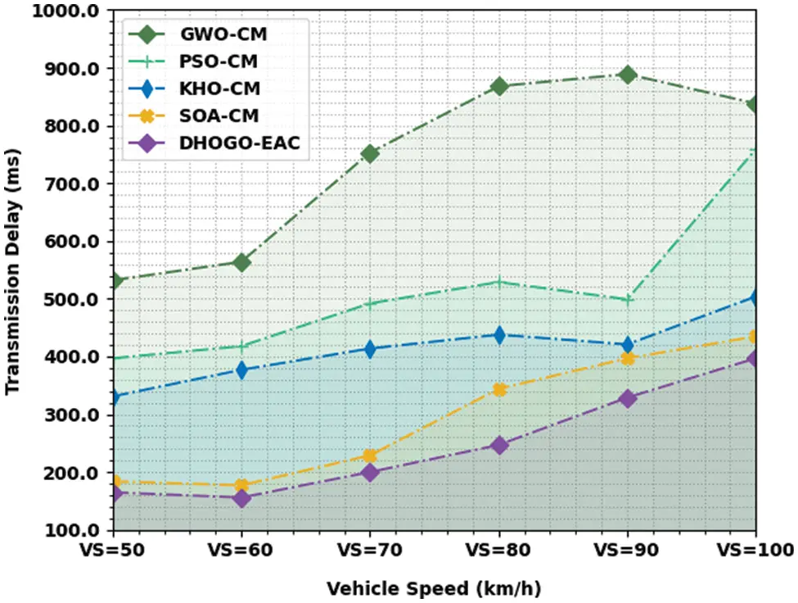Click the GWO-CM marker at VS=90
coord(628,75)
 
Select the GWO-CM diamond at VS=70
coord(370,153)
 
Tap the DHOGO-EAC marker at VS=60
coord(241,497)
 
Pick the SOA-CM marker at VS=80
coord(499,389)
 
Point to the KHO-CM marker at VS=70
coord(370,349)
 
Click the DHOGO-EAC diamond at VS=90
coord(628,398)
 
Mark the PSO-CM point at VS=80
coord(499,282)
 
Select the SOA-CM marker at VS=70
coord(370,456)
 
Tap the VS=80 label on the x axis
coord(499,550)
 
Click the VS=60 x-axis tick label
coord(241,550)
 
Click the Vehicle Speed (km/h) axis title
coord(434,588)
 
